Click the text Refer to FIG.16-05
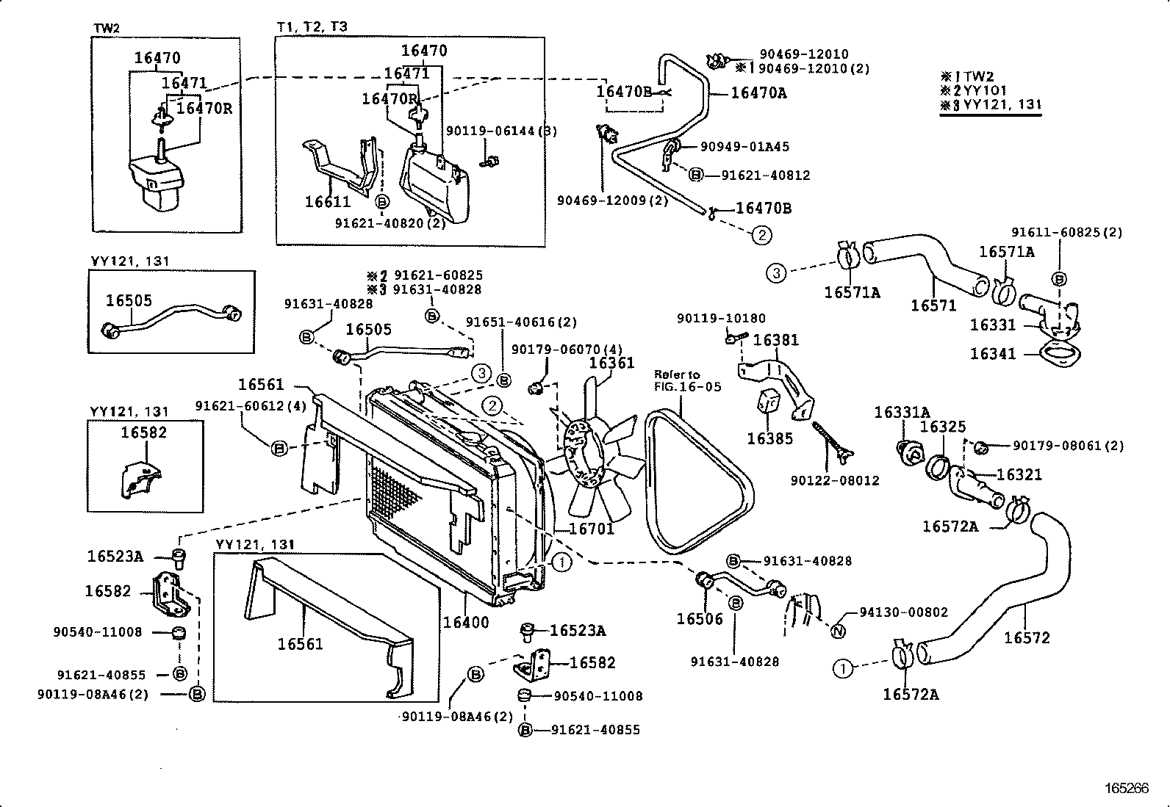(x=688, y=380)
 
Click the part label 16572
(x=1027, y=637)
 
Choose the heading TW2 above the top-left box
(x=107, y=28)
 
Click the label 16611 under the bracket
(x=328, y=201)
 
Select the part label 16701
(x=591, y=528)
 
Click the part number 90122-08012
(x=835, y=481)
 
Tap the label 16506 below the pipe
(x=700, y=618)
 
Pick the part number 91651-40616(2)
(x=522, y=322)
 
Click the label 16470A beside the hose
(x=758, y=93)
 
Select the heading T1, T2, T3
(x=312, y=27)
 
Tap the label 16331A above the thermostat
(x=902, y=413)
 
